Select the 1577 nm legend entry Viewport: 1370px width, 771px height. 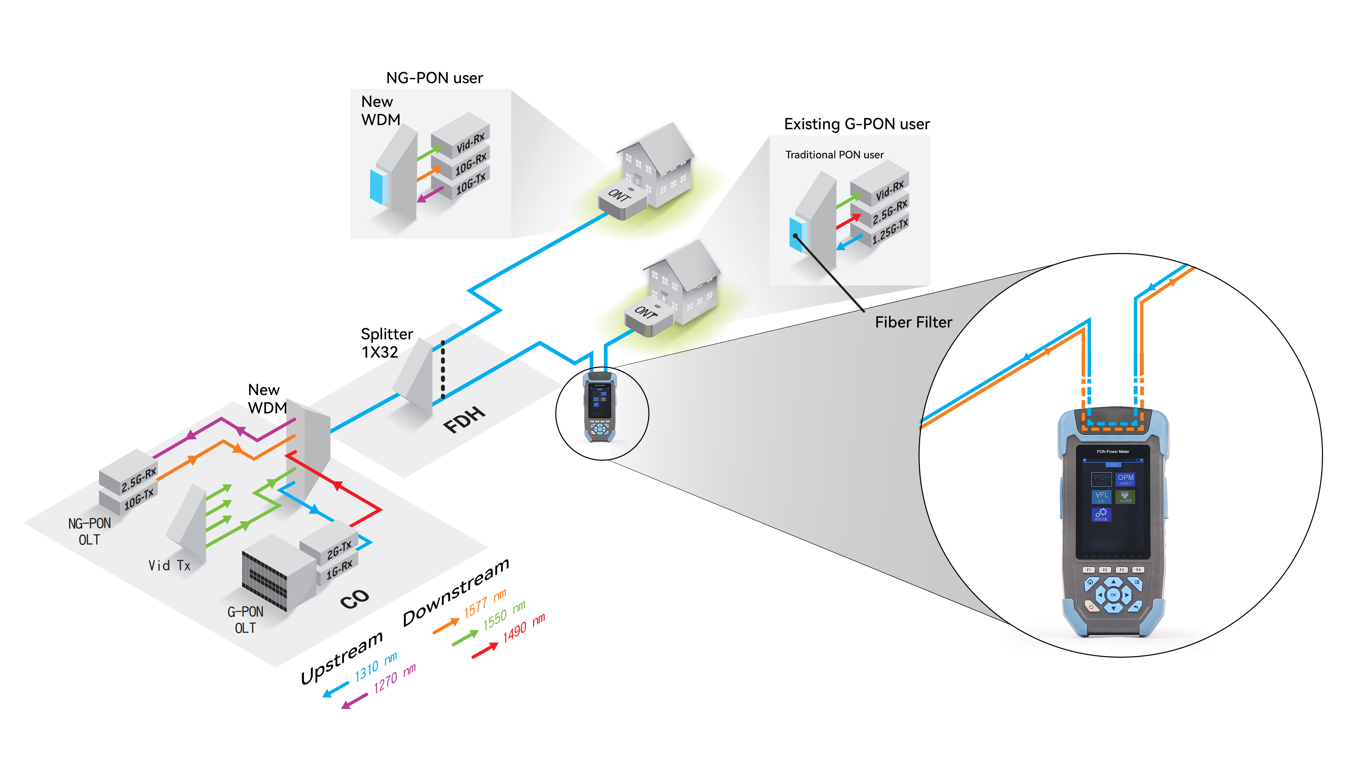click(484, 604)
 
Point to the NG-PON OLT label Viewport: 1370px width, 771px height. click(89, 531)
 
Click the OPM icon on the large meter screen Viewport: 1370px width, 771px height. click(1125, 479)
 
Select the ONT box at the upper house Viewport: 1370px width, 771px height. click(621, 201)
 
